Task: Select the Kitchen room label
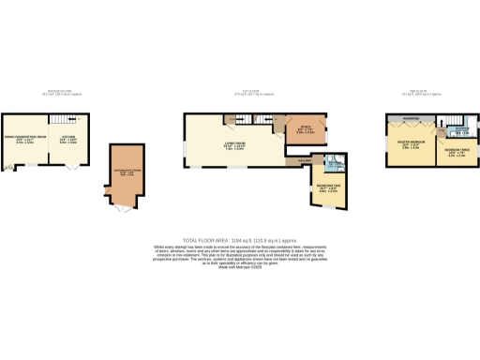pos(68,140)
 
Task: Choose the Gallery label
pos(305,160)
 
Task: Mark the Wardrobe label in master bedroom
pos(410,119)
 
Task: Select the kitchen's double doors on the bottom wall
pos(74,168)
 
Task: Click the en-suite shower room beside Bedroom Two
pos(335,171)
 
